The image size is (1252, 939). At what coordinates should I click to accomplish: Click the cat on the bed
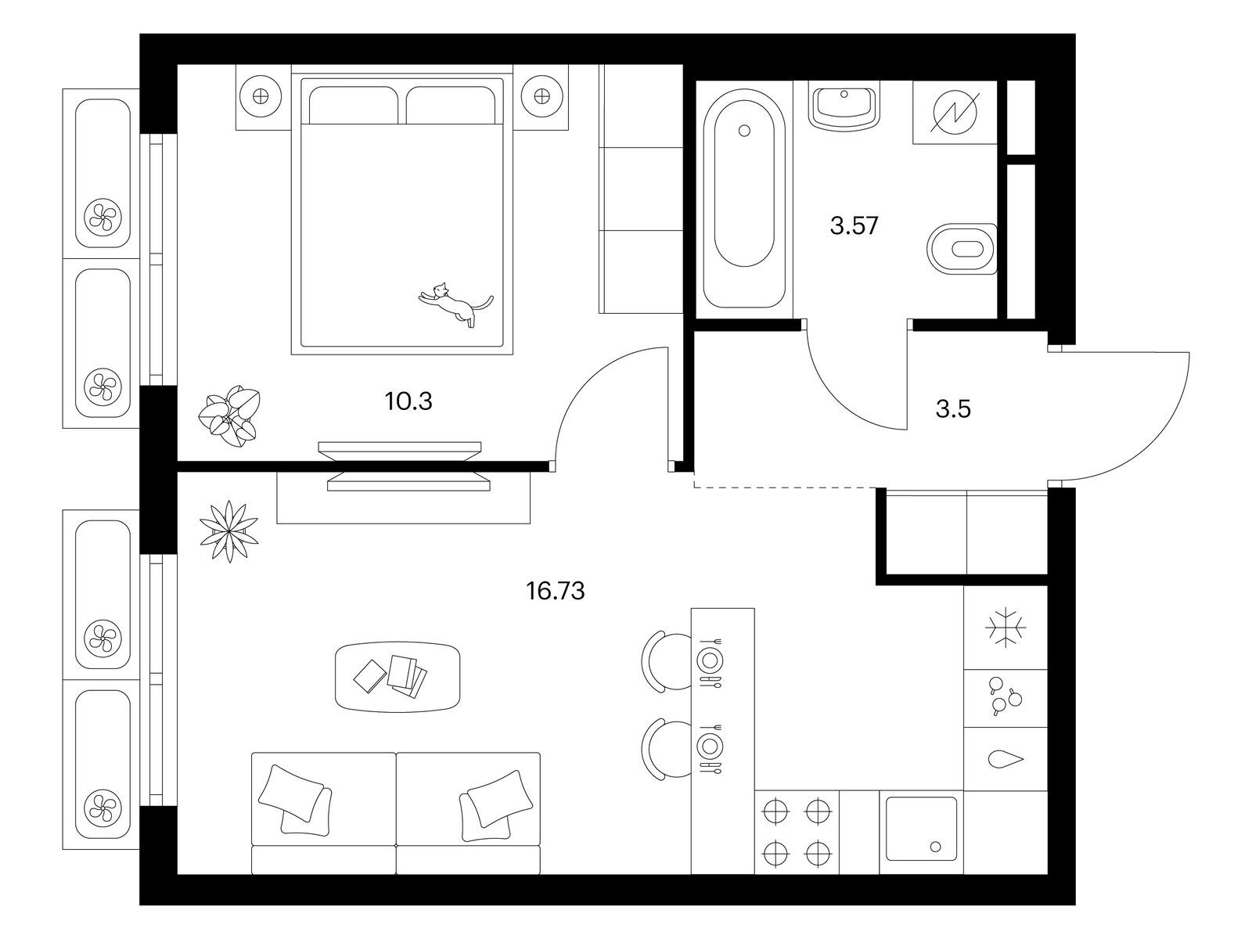[456, 304]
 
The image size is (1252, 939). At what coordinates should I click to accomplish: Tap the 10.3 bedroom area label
[408, 401]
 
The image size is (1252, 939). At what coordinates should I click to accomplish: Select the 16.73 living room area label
[555, 592]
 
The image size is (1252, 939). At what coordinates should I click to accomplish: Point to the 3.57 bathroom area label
[854, 226]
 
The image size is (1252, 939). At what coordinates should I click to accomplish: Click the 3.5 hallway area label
[953, 409]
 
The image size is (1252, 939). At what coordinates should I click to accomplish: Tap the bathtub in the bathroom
[744, 198]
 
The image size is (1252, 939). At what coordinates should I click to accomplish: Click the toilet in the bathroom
[962, 250]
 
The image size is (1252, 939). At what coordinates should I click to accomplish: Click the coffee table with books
[398, 678]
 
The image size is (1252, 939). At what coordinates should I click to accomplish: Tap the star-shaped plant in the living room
[228, 531]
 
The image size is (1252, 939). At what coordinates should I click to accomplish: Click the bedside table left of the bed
[261, 98]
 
